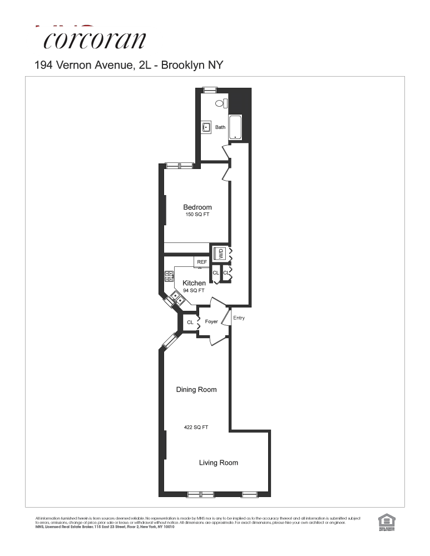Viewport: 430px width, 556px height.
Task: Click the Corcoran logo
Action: pos(95,39)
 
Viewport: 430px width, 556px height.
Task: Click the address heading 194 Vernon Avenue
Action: pos(129,65)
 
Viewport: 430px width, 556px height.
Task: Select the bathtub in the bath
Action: pos(236,127)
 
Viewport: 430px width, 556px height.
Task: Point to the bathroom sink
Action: pos(206,127)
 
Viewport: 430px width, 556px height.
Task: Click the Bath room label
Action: pos(220,127)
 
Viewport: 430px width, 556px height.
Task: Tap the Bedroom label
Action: pos(197,207)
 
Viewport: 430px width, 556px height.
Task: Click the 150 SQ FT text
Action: pos(197,215)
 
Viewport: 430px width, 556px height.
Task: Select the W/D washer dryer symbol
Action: pos(220,254)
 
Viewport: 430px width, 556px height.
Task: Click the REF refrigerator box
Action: pos(201,262)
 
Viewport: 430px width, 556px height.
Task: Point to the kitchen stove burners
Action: pos(170,276)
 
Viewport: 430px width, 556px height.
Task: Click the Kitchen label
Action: pos(194,283)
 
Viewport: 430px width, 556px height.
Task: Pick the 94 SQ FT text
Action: pos(194,290)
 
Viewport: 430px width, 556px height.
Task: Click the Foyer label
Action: pos(211,322)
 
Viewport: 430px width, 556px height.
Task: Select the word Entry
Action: pos(239,318)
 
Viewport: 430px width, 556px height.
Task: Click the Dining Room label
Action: pos(196,390)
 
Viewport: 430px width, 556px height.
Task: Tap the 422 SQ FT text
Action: pos(196,428)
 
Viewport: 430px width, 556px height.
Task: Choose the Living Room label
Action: pos(219,463)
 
